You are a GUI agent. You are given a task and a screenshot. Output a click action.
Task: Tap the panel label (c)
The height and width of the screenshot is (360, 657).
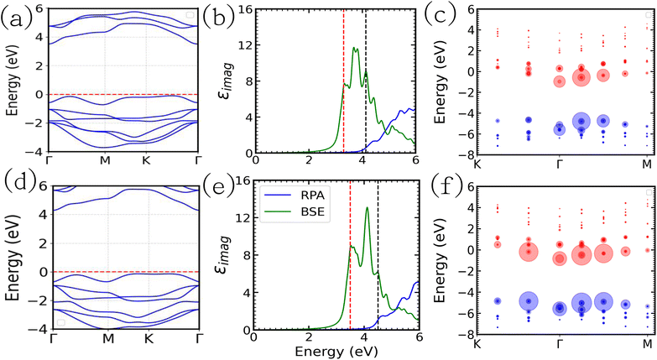pos(439,16)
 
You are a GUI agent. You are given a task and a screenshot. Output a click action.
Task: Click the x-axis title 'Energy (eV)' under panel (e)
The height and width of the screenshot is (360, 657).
pos(336,352)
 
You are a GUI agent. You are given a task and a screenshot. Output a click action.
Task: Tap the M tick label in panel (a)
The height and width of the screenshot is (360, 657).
pos(105,161)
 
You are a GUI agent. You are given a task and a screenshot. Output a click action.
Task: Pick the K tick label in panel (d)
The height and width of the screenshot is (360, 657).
pos(149,338)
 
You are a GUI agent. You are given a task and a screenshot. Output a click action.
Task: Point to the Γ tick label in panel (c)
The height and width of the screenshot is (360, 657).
pos(560,164)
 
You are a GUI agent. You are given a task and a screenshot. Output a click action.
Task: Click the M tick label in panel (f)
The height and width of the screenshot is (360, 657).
pos(648,344)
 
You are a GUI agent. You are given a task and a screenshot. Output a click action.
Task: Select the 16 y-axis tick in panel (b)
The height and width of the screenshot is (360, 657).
pos(245,9)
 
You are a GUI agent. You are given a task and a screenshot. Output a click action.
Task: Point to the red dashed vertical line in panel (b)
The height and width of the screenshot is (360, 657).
pos(343,81)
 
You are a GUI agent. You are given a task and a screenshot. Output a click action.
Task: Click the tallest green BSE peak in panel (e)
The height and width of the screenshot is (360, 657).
pos(368,207)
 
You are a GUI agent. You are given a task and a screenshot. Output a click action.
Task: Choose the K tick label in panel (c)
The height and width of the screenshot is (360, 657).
pos(477,164)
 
